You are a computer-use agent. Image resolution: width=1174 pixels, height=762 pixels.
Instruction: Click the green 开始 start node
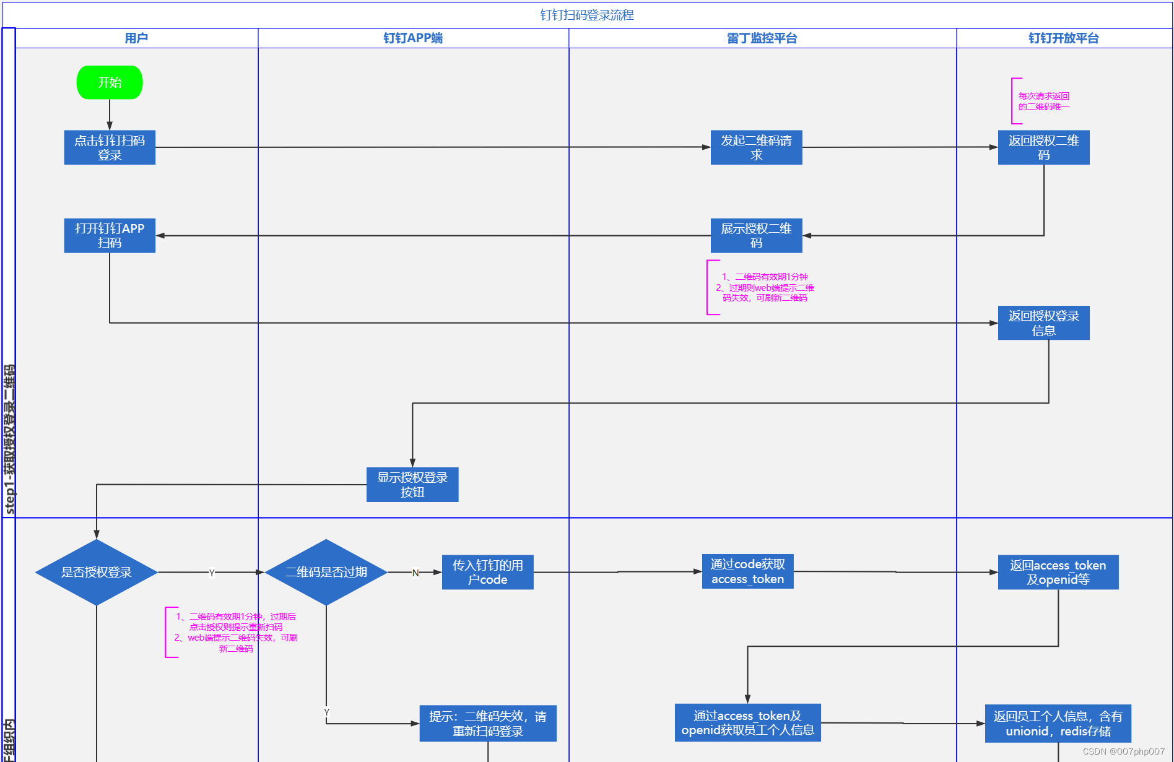[110, 82]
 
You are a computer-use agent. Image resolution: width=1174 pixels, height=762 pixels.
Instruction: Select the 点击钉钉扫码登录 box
[110, 147]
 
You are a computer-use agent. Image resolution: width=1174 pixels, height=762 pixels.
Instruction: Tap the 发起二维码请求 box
[756, 147]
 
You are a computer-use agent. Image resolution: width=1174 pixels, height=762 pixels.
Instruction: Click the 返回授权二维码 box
[1043, 147]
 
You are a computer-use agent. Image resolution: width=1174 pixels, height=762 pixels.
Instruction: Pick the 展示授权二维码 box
[756, 235]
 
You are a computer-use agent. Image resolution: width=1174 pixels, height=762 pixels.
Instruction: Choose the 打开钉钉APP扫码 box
[110, 235]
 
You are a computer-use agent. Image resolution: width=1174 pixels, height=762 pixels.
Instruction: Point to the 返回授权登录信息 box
[1043, 323]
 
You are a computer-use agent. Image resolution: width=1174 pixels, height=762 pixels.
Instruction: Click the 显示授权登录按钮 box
[412, 484]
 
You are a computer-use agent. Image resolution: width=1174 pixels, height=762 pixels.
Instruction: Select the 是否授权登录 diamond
[97, 572]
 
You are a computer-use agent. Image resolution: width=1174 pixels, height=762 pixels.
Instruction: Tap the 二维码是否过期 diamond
[326, 572]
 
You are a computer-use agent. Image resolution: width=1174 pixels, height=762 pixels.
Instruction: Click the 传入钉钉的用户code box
[487, 572]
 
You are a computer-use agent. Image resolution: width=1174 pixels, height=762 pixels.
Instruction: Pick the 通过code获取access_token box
[747, 571]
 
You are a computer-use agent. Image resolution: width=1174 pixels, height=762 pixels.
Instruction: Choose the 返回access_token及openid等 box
[1058, 572]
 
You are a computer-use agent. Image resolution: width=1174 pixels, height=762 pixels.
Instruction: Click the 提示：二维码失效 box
[488, 723]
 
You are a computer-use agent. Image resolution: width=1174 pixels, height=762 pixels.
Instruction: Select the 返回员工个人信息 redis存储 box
[1058, 723]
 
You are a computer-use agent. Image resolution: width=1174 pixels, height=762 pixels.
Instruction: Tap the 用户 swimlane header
[136, 38]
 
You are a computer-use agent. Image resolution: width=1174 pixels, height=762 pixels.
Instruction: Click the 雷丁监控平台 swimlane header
[762, 38]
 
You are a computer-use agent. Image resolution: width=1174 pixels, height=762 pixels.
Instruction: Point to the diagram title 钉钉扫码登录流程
[587, 15]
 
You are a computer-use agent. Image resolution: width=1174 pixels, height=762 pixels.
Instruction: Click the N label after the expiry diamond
[415, 573]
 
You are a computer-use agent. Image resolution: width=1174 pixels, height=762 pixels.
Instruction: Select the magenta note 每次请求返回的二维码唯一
[1043, 101]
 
